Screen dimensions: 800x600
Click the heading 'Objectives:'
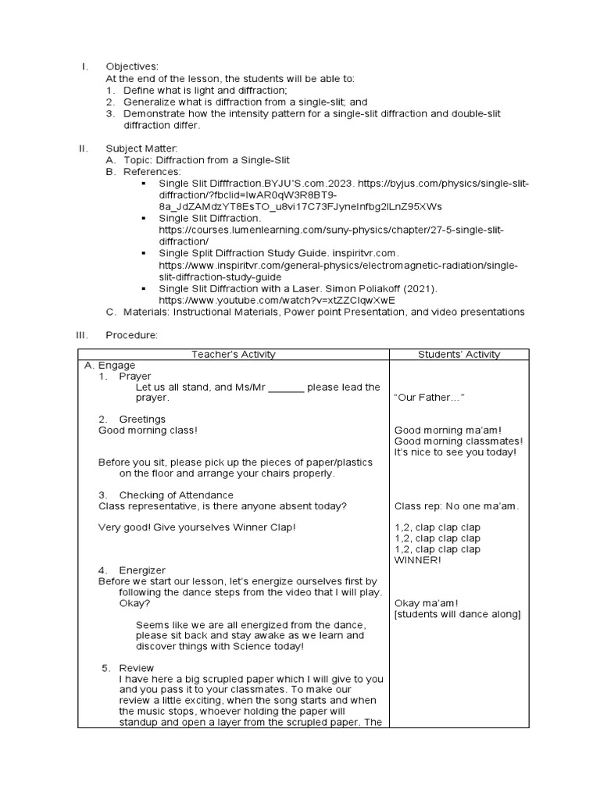(131, 66)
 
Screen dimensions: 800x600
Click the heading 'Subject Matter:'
(142, 148)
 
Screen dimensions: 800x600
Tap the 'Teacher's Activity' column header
(234, 354)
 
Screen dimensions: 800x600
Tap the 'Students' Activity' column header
(459, 354)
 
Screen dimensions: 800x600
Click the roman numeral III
(82, 334)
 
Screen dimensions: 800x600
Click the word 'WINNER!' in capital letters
(418, 560)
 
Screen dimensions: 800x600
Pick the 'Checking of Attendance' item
(176, 495)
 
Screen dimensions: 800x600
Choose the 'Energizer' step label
(142, 570)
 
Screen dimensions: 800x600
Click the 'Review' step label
(137, 668)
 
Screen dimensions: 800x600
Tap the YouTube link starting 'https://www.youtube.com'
(277, 300)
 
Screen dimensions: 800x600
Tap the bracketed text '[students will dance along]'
(457, 614)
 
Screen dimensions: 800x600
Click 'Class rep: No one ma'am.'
(456, 505)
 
